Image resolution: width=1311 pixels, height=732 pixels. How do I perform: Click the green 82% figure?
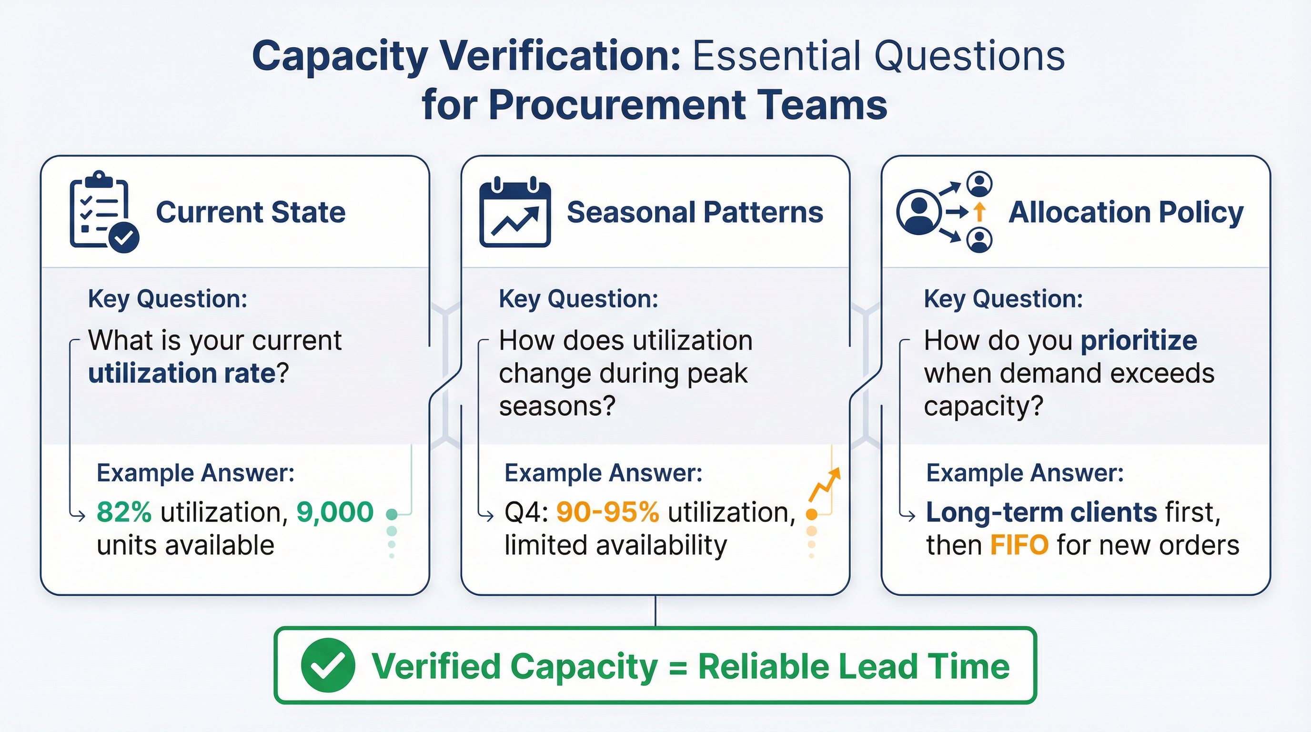coord(124,512)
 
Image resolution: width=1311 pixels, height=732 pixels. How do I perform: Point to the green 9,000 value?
coord(335,512)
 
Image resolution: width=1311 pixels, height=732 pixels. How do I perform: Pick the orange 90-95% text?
coord(607,512)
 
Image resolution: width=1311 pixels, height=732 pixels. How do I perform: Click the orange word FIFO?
coord(1019,545)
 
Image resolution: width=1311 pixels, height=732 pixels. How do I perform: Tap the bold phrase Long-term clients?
coord(1041,512)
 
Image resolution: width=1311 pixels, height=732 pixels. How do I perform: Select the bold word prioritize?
coord(1139,341)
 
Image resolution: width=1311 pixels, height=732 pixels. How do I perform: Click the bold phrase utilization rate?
coord(182,374)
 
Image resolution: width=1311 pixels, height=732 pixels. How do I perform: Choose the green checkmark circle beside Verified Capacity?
coord(328,665)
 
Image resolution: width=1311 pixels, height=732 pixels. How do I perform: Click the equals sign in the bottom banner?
coord(678,667)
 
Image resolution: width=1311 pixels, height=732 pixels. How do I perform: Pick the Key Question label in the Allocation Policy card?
coord(1003,299)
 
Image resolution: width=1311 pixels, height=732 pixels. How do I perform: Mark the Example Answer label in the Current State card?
coord(195,473)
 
